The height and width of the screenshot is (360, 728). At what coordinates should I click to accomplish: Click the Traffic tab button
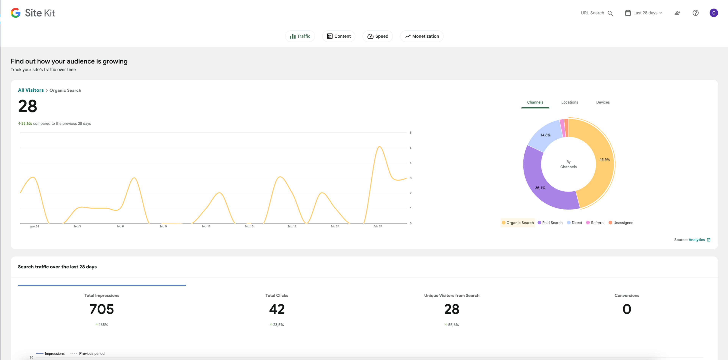coord(300,36)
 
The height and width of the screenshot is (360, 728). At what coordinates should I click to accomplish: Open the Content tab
coord(339,36)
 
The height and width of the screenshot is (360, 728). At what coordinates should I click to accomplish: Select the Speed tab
coord(378,36)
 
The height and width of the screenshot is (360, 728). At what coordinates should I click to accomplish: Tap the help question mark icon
coord(696,13)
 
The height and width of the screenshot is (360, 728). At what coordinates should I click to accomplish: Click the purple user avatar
coord(714,13)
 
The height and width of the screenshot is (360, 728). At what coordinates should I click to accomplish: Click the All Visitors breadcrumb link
coord(31,90)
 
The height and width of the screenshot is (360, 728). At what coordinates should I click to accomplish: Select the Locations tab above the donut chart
coord(570,102)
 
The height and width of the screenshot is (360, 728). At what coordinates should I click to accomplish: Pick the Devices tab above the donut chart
coord(603,102)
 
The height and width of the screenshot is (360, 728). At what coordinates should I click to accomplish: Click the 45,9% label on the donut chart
coord(605,160)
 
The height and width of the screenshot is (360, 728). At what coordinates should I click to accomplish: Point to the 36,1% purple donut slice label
coord(540,188)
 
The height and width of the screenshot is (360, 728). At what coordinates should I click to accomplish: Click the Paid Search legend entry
coord(550,223)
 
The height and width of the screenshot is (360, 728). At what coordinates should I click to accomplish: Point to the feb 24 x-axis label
coord(378,226)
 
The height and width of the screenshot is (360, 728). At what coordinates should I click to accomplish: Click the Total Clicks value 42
coord(277,309)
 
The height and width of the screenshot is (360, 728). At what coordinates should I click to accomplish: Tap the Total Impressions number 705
coord(102,309)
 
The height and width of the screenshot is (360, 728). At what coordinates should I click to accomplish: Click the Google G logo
coord(16,13)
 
